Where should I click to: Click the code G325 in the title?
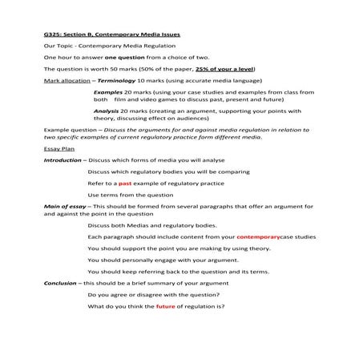pos(53,35)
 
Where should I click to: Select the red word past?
pos(125,184)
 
